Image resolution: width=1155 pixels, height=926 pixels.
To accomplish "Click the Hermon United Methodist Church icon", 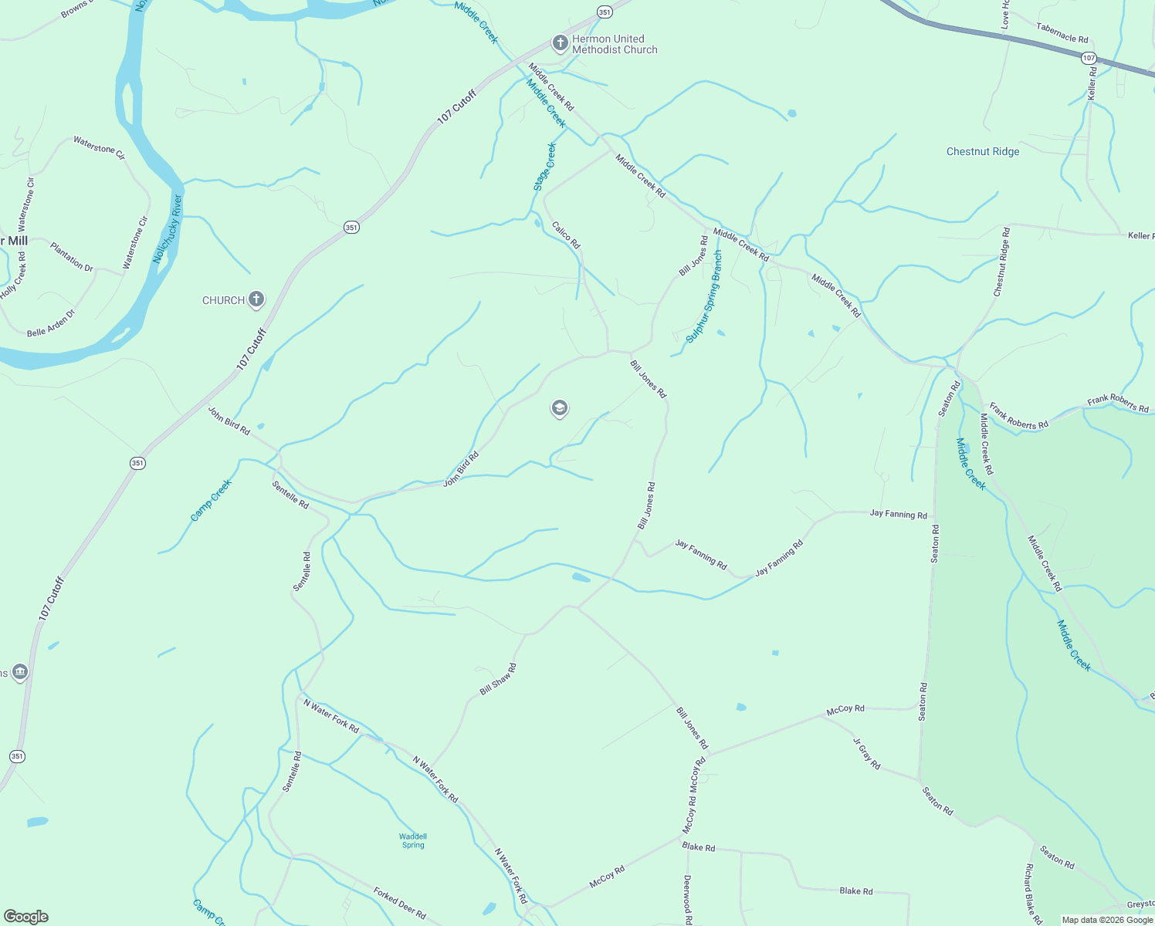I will tap(561, 43).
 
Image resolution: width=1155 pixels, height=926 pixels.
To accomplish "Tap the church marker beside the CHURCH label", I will tap(256, 299).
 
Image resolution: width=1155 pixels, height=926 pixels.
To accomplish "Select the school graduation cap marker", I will tap(560, 408).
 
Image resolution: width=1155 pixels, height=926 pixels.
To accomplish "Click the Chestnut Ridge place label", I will tap(983, 152).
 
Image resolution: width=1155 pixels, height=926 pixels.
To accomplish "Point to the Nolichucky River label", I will tap(168, 229).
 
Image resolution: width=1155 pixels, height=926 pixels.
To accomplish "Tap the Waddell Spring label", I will tap(413, 840).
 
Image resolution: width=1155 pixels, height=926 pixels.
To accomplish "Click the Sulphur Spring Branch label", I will tap(704, 297).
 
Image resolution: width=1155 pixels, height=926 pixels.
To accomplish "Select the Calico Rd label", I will tap(566, 235).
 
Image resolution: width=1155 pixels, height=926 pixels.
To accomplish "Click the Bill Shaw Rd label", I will tap(498, 679).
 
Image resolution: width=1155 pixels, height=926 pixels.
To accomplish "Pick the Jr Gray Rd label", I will tap(866, 754).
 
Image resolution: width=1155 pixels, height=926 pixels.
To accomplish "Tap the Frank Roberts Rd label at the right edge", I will tap(1118, 404).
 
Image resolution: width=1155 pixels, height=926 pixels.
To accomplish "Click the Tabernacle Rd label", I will tap(1062, 33).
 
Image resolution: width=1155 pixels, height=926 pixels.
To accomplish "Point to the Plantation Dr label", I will tap(72, 257).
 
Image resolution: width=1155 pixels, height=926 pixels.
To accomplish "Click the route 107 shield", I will tap(1089, 58).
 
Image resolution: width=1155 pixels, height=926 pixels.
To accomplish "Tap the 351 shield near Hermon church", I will tap(605, 12).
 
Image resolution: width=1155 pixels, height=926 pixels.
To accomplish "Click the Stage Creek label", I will tap(545, 167).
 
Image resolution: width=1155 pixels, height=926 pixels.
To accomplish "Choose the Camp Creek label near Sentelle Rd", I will tap(211, 500).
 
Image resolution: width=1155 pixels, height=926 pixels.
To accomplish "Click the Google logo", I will tap(26, 917).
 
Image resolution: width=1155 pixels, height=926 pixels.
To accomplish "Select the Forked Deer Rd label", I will tap(399, 903).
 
